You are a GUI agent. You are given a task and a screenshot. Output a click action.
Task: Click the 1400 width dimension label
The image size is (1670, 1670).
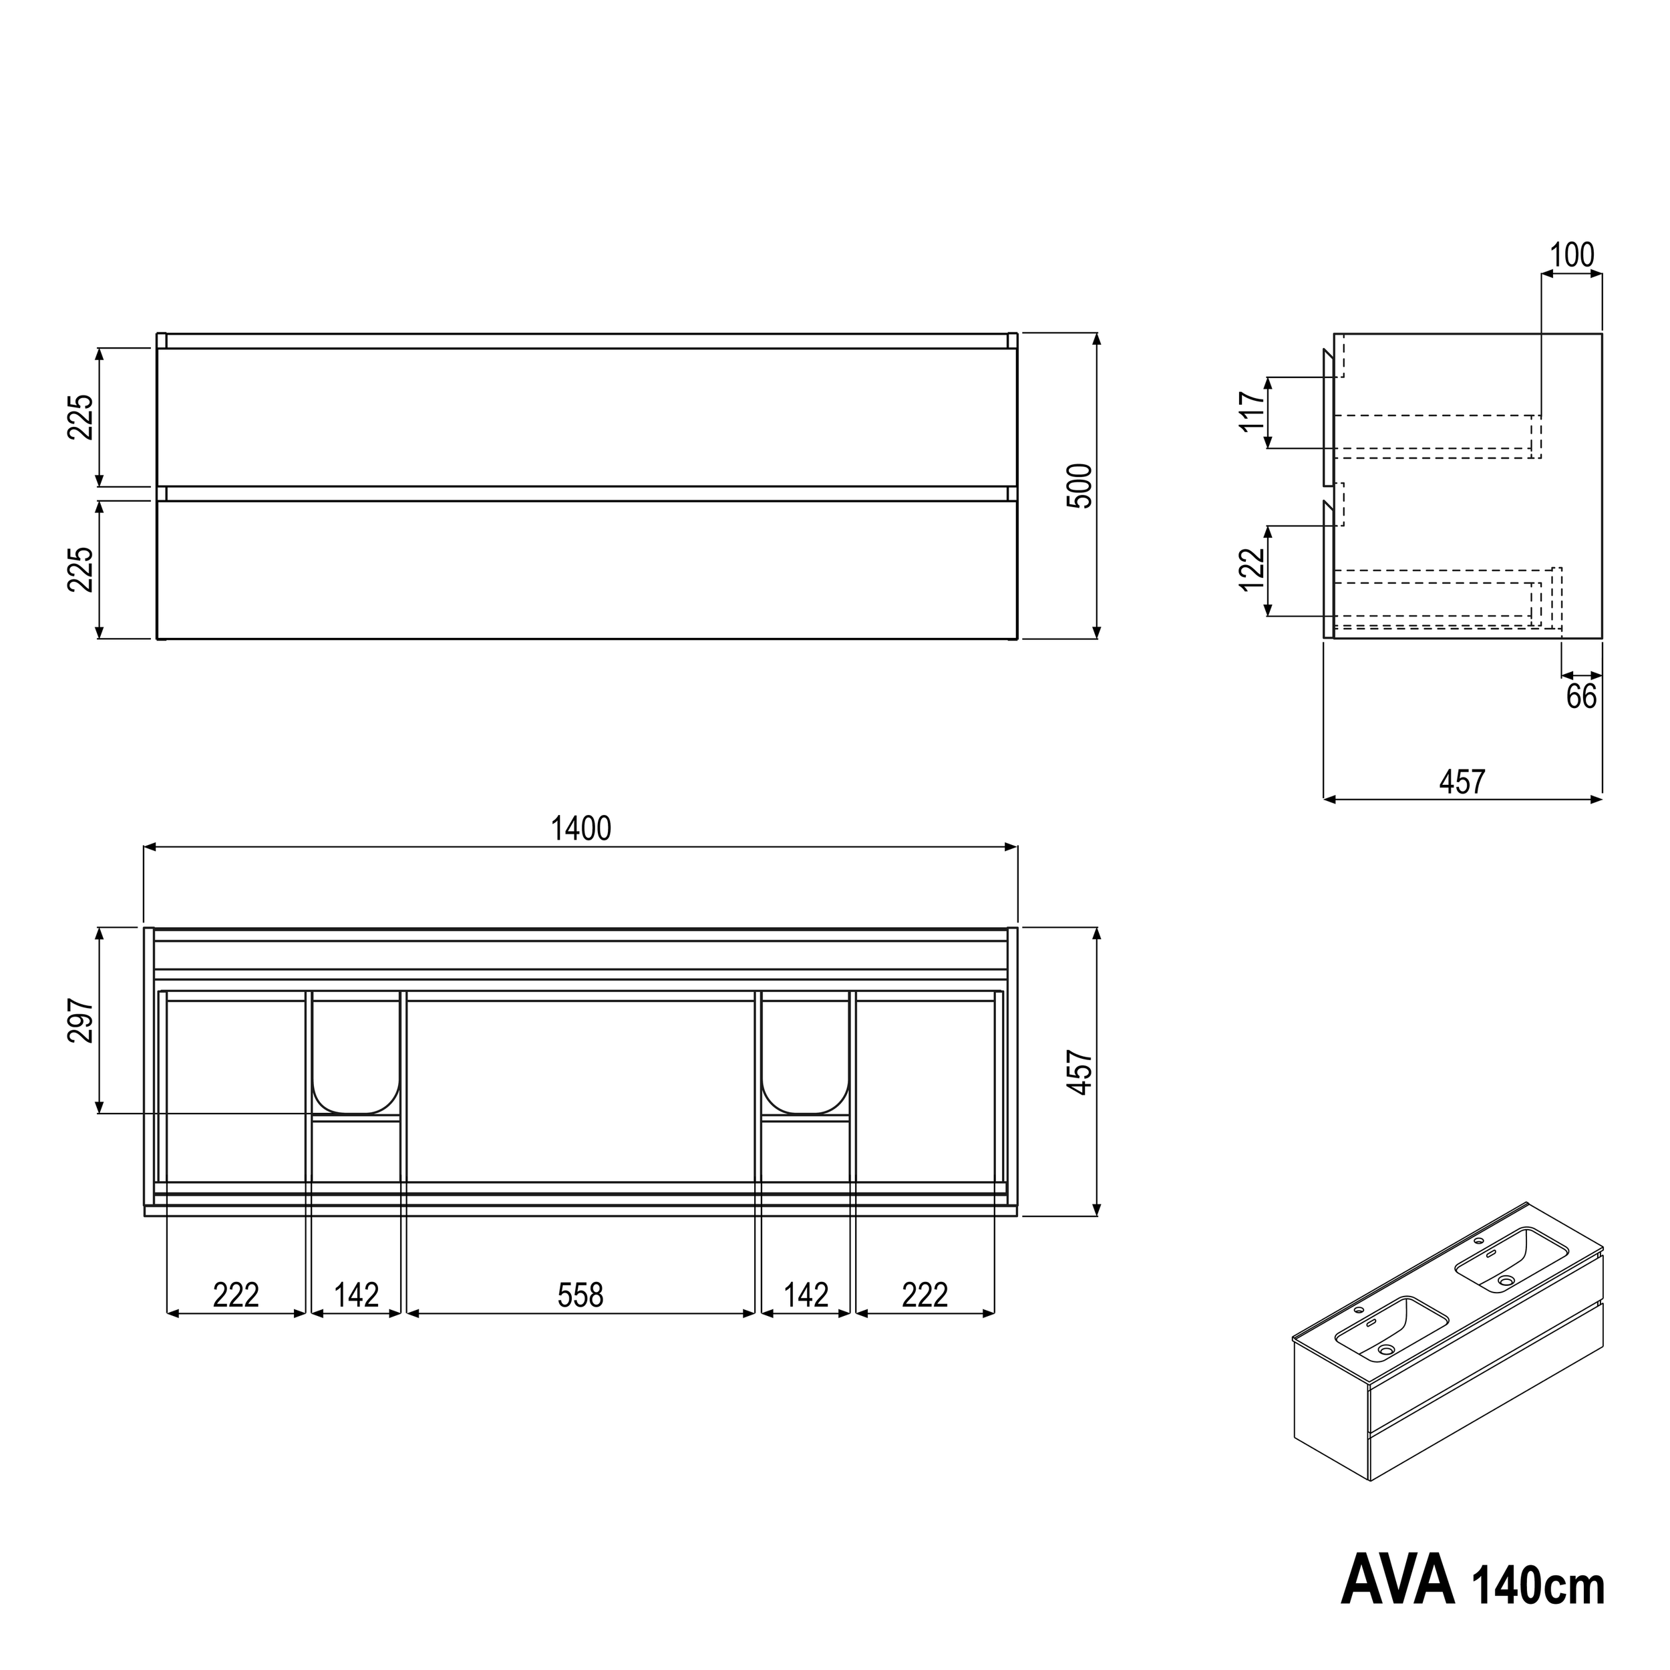(581, 829)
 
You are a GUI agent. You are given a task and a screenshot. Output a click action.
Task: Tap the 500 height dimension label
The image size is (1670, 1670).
(1080, 486)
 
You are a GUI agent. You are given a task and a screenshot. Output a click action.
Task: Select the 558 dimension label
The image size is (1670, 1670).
(580, 1295)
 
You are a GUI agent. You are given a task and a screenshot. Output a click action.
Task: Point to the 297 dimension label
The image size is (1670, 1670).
(81, 1021)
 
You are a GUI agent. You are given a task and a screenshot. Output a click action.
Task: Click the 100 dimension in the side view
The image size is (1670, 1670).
(1571, 256)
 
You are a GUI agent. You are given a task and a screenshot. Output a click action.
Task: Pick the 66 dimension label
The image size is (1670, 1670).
(1582, 697)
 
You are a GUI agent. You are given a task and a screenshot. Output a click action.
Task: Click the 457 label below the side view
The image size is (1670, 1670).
(1462, 782)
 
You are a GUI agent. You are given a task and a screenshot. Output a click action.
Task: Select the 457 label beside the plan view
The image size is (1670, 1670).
(1080, 1073)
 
